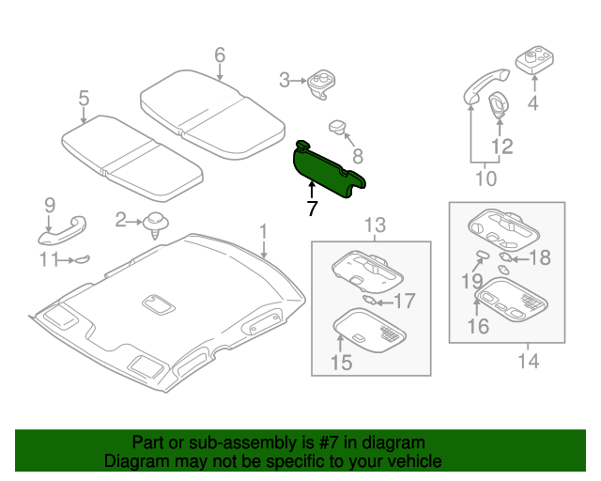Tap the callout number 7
313,209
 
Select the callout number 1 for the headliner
264,230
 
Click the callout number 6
220,55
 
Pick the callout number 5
84,98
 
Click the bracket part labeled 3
321,83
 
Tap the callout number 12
502,146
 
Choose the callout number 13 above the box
375,224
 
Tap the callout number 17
403,302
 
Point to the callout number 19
470,279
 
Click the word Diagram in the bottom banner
138,462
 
